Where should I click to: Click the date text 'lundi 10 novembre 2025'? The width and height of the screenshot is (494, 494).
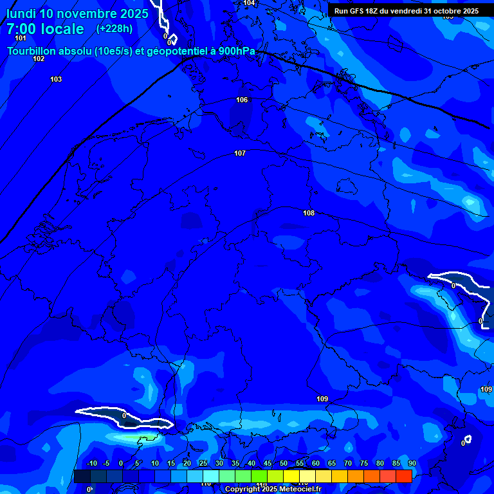77,14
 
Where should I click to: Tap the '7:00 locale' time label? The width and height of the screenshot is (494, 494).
45,29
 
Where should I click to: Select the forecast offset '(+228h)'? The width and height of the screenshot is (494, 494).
114,28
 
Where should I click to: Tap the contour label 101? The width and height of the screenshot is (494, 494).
21,38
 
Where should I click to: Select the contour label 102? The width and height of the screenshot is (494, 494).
39,59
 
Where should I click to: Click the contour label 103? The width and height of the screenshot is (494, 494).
56,79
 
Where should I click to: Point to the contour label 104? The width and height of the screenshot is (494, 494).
249,3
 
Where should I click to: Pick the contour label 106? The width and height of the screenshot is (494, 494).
242,100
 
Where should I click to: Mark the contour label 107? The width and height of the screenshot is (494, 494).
240,153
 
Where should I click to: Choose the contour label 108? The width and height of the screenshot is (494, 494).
309,213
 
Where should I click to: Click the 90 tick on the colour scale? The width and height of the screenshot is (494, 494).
412,464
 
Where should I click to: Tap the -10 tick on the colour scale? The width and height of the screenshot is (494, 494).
91,464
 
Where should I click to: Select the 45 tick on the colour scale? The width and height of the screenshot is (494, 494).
267,464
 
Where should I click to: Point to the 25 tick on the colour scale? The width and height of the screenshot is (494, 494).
203,464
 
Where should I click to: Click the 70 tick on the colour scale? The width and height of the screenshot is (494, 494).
347,464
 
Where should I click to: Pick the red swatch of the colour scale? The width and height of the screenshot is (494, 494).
404,476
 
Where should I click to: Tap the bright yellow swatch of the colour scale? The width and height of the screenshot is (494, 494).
291,476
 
